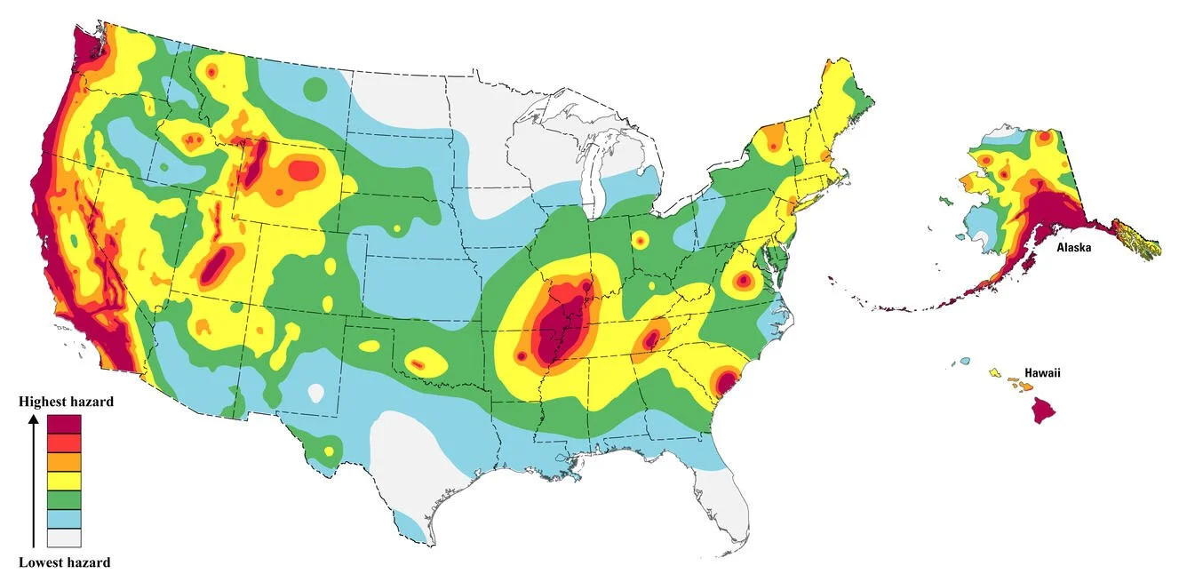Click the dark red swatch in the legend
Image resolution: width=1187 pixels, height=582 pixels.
point(64,424)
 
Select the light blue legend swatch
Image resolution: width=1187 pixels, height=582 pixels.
point(64,518)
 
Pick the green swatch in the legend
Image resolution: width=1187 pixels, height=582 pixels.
point(64,499)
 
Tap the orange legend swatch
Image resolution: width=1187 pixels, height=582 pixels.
point(64,461)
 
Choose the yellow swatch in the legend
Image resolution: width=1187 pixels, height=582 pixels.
point(64,481)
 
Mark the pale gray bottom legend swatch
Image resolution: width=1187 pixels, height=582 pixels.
point(64,537)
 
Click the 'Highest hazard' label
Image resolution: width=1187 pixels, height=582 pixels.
point(67,403)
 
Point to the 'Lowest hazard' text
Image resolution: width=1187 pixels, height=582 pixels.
point(65,562)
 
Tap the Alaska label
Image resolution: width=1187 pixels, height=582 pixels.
point(1073,248)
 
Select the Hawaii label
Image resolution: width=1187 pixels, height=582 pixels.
point(1042,373)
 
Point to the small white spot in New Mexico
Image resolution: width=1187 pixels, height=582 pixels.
point(315,392)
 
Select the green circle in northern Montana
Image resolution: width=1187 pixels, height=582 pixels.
point(315,88)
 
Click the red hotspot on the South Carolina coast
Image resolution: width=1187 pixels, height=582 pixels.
point(723,382)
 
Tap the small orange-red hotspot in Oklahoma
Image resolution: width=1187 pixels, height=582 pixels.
point(417,363)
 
